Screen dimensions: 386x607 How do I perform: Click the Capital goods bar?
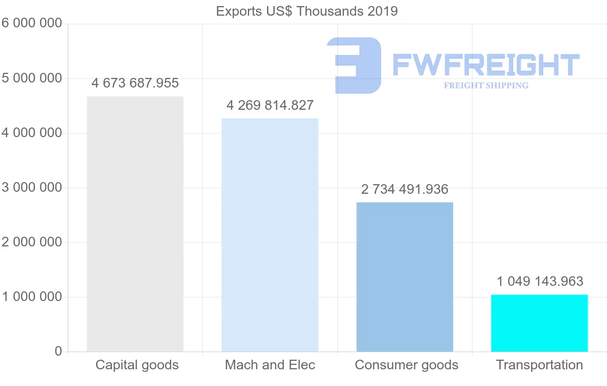click(135, 224)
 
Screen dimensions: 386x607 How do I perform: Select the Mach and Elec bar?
click(270, 235)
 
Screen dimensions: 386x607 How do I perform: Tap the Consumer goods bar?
click(405, 277)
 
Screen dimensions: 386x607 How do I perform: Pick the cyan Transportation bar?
click(539, 323)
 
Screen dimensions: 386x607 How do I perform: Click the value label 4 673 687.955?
click(135, 83)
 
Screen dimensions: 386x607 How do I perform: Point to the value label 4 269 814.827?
click(270, 105)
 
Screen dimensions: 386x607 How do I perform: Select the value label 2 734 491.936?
click(405, 189)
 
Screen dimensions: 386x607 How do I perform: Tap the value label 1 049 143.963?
click(540, 281)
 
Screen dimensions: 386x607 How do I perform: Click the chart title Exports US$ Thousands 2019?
click(307, 11)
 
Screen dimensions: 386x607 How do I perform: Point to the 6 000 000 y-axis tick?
click(31, 23)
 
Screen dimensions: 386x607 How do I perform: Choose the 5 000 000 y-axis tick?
click(31, 78)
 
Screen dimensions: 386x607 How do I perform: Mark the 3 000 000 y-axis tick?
click(31, 188)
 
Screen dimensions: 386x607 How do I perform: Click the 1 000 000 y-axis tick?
click(31, 297)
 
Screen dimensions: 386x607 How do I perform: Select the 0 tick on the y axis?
click(58, 352)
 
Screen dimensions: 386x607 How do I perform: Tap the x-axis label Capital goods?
click(137, 365)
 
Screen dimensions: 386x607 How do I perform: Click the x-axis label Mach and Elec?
click(270, 365)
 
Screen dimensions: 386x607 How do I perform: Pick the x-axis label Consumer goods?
click(407, 365)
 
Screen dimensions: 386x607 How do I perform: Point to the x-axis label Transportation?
click(540, 365)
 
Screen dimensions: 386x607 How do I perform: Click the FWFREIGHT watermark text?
click(486, 65)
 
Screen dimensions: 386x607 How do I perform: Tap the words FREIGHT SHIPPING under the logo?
click(486, 85)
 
